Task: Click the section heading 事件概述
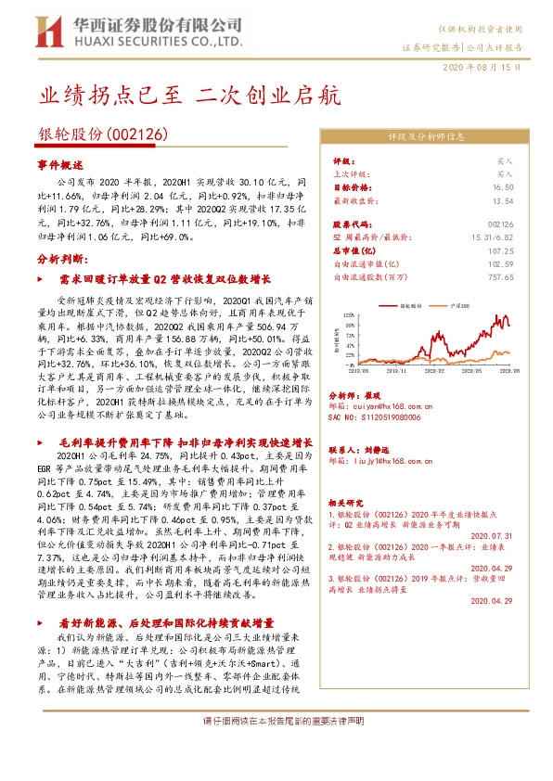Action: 60,163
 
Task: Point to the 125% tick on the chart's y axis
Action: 346,314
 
